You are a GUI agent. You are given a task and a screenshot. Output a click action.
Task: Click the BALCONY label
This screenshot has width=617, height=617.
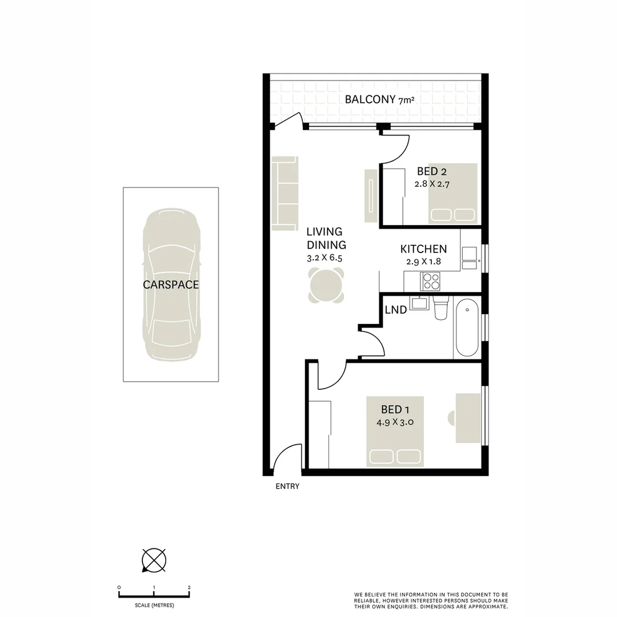point(370,99)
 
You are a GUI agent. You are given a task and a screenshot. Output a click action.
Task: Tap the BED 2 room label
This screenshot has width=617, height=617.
point(428,171)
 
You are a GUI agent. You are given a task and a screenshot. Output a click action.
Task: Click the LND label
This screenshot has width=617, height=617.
point(396,310)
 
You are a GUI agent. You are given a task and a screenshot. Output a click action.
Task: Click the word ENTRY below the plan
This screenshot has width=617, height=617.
point(287,487)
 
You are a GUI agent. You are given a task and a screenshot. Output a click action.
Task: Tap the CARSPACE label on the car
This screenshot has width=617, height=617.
point(171,285)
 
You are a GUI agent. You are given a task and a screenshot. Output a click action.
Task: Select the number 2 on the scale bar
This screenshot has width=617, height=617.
point(189,587)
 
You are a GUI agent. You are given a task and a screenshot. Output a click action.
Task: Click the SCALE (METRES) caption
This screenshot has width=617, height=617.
point(154,605)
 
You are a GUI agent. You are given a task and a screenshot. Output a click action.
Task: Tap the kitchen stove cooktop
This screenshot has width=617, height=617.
point(431,281)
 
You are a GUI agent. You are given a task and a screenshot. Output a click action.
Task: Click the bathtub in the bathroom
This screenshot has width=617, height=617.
point(467,327)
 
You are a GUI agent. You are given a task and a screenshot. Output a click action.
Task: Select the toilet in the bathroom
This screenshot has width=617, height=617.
point(441,308)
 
